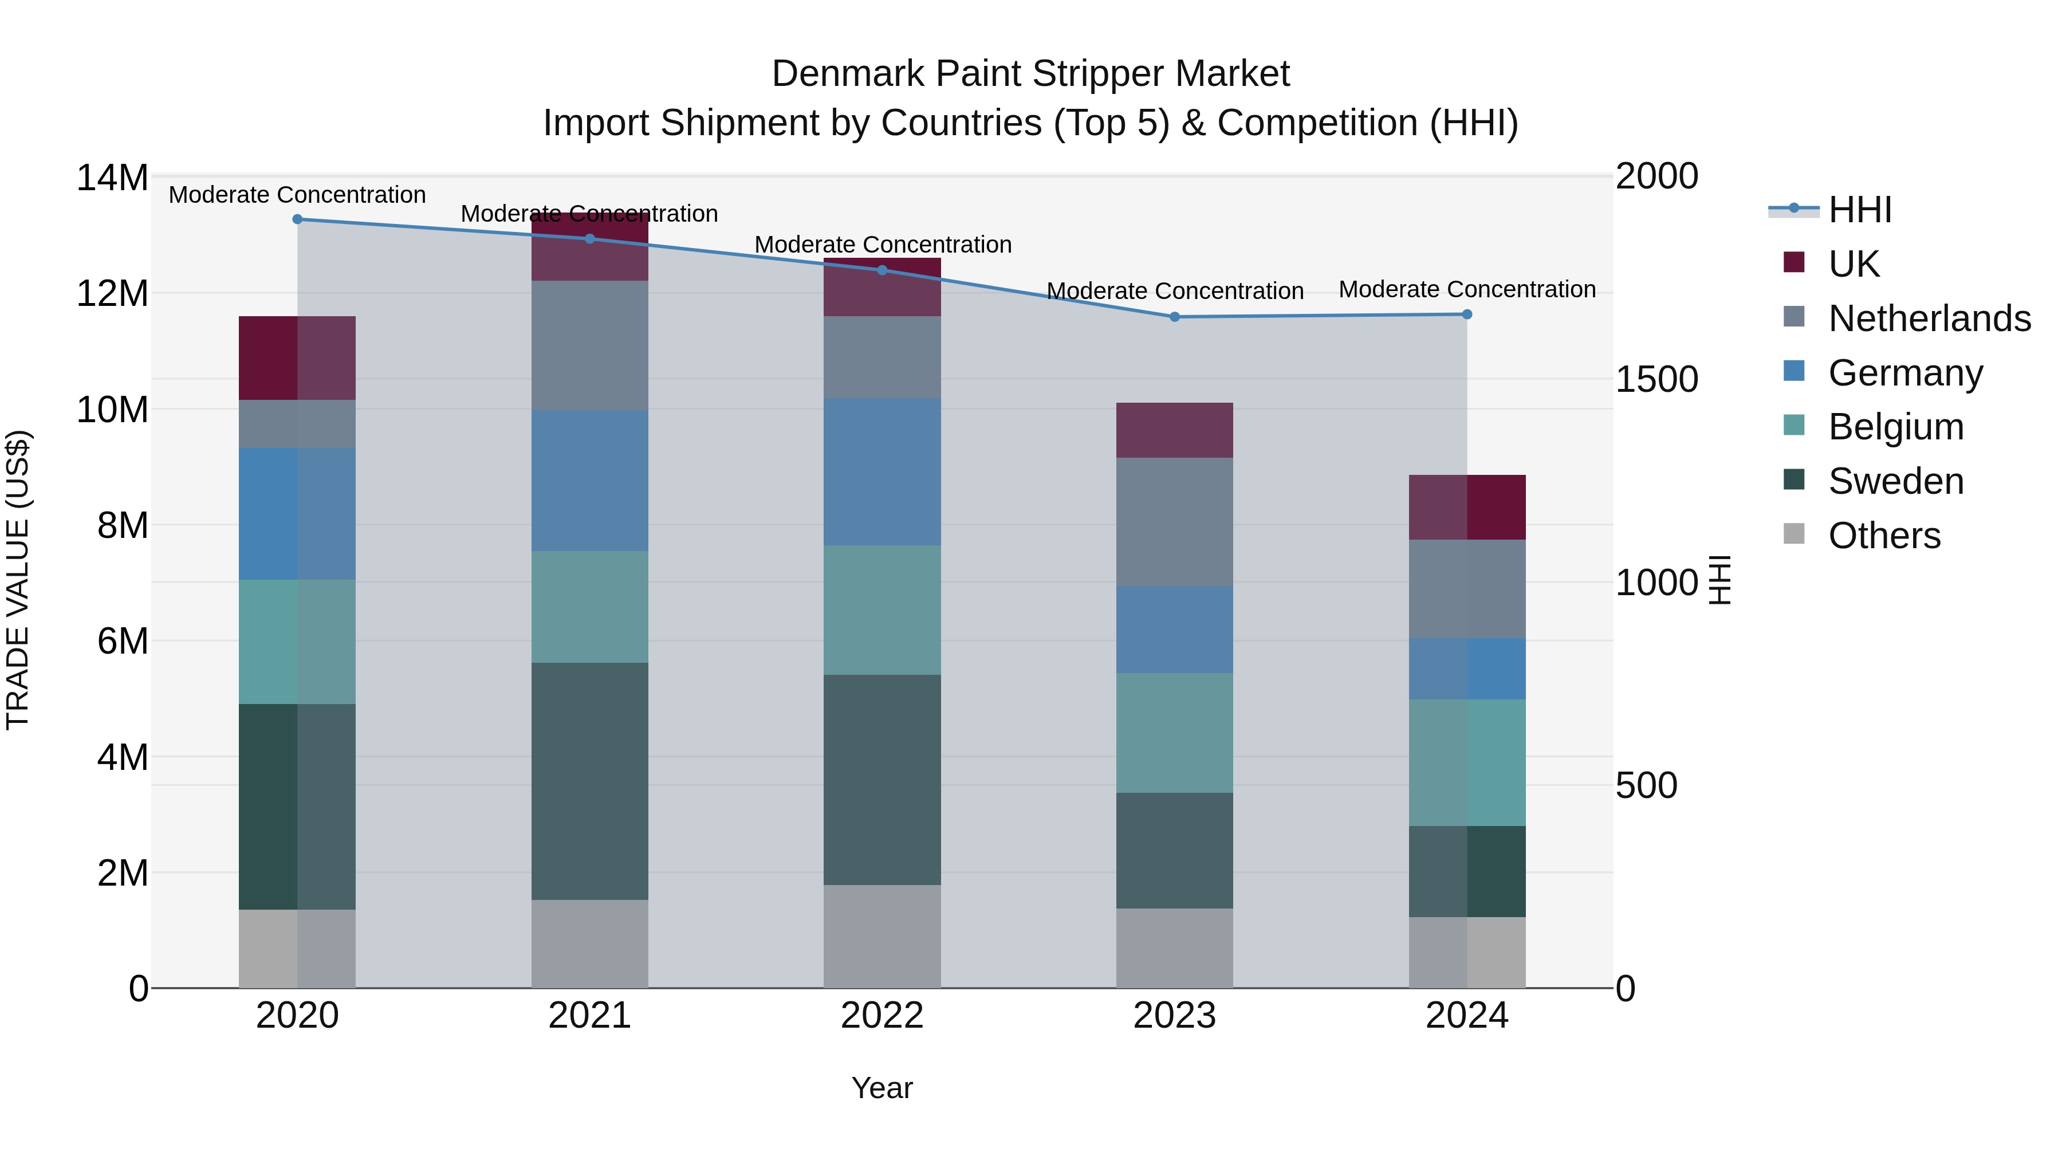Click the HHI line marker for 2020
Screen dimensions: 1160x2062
pyautogui.click(x=297, y=219)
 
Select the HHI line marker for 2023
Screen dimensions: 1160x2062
pyautogui.click(x=1174, y=316)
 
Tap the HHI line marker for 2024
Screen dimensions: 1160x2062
pyautogui.click(x=1466, y=314)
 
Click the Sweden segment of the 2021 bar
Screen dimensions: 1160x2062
pyautogui.click(x=589, y=781)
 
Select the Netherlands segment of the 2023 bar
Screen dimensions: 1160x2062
pyautogui.click(x=1174, y=521)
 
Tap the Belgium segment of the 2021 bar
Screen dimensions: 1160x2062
pyautogui.click(x=589, y=606)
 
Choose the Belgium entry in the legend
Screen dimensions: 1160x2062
pyautogui.click(x=1895, y=427)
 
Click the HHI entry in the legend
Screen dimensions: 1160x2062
pyautogui.click(x=1859, y=210)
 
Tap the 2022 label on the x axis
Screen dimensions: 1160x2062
pyautogui.click(x=882, y=1015)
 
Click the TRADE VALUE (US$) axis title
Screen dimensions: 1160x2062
pyautogui.click(x=18, y=580)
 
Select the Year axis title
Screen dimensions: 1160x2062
pyautogui.click(x=882, y=1088)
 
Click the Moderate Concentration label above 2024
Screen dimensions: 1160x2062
pyautogui.click(x=1466, y=289)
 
